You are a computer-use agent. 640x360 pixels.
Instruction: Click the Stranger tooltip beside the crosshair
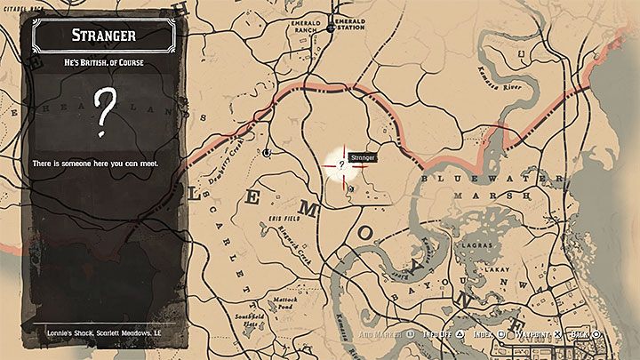[x=364, y=157]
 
